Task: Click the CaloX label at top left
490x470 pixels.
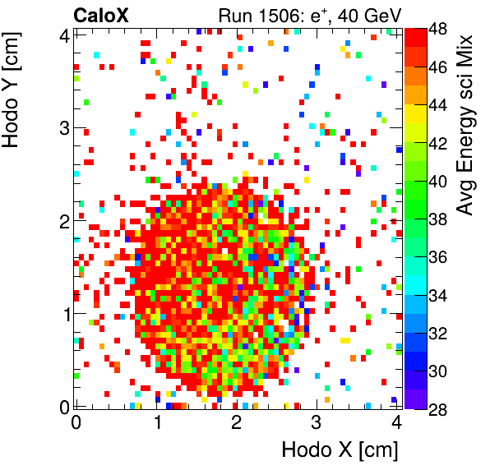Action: point(99,14)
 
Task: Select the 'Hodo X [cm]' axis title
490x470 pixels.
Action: point(340,450)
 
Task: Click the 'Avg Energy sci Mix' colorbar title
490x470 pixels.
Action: point(465,124)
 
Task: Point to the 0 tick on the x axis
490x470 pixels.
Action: point(76,423)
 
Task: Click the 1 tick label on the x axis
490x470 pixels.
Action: point(156,423)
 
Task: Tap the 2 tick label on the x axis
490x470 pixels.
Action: point(237,423)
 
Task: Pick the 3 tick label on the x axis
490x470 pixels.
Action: point(317,423)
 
